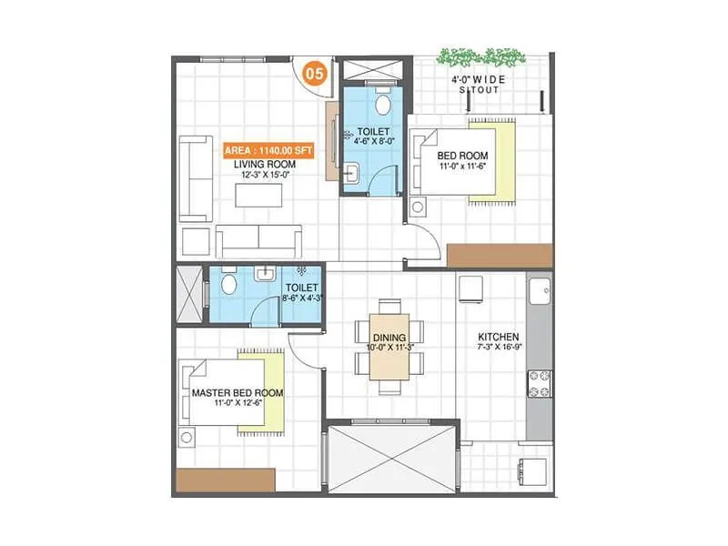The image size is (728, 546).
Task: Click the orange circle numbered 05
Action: [315, 73]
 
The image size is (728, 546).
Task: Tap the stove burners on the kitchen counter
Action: [538, 382]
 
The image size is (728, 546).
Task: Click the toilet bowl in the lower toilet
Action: [227, 285]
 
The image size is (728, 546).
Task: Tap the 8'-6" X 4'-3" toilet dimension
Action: [296, 296]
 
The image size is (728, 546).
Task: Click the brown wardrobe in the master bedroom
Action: [226, 480]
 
